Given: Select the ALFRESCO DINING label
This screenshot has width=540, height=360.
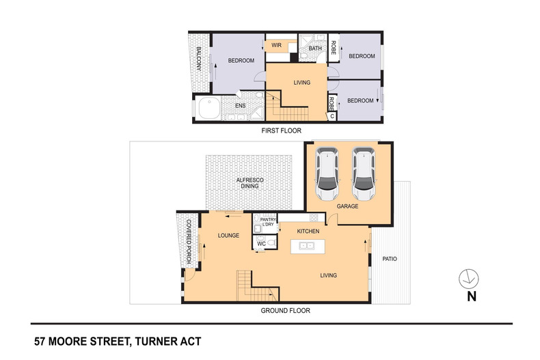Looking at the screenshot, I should (249, 184).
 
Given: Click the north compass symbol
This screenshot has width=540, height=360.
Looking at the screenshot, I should (470, 279).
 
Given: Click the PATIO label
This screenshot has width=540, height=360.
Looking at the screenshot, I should (390, 259).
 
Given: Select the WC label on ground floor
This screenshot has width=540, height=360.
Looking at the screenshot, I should (262, 243).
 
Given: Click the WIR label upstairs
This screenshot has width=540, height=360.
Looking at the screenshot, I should (276, 46).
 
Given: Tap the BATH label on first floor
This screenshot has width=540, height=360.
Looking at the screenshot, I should (314, 49).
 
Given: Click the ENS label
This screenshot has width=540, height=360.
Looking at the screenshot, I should (240, 106).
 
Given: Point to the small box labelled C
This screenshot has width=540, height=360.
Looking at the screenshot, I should (332, 116).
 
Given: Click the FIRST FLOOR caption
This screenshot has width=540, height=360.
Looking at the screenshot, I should (282, 130).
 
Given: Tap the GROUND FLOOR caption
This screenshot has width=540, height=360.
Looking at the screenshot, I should (285, 310).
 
